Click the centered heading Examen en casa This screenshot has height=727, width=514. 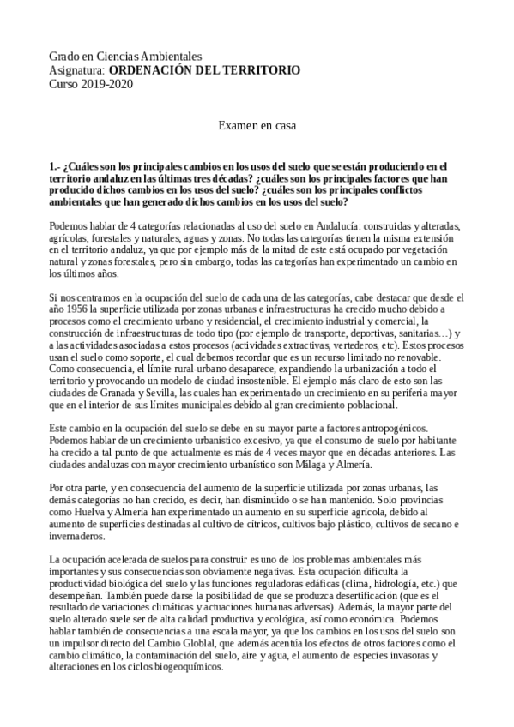[x=257, y=125]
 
